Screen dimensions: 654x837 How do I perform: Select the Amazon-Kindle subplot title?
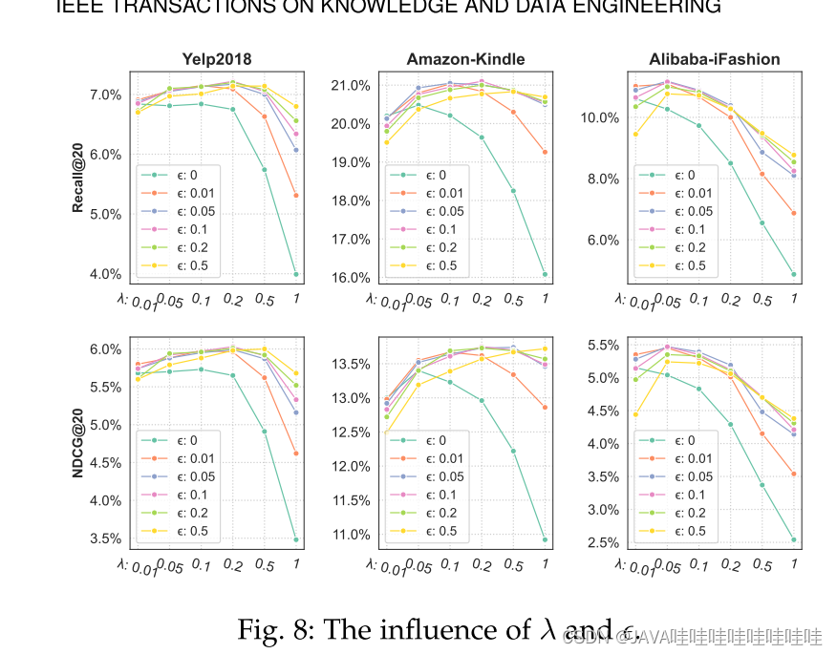(465, 59)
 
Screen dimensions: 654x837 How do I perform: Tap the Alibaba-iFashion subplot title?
(715, 59)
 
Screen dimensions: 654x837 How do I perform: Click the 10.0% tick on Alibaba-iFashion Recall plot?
(601, 117)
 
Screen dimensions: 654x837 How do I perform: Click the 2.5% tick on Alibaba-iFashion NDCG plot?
(601, 543)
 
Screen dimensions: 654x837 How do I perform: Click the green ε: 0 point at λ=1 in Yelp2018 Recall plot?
(296, 274)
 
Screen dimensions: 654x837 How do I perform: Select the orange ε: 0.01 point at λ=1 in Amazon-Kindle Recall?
(545, 152)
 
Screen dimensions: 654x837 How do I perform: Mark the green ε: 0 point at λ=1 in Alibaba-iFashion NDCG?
(794, 539)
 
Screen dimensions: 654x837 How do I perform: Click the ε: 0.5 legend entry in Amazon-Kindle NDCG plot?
(427, 531)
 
